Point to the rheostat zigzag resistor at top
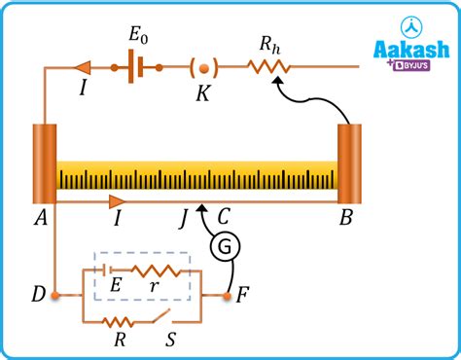coord(266,67)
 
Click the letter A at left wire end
coord(41,219)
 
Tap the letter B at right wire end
coord(345,219)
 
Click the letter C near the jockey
coord(224,219)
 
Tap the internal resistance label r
coord(156,289)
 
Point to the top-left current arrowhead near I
coord(83,67)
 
